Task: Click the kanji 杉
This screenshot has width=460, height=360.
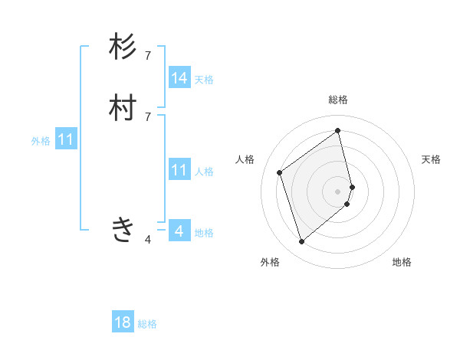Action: click(123, 47)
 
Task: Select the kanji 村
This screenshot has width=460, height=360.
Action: click(123, 109)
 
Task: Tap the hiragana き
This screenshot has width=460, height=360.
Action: click(123, 229)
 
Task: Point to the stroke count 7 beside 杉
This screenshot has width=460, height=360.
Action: click(148, 55)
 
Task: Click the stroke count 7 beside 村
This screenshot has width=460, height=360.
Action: click(148, 116)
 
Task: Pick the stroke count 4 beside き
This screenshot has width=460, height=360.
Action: click(148, 240)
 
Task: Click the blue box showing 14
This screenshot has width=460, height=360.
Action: click(179, 77)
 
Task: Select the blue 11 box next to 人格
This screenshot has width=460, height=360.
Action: click(179, 170)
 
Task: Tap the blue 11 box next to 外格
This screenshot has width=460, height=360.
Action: click(66, 139)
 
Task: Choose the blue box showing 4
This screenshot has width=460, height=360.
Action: click(179, 231)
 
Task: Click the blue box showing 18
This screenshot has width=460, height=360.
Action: click(123, 322)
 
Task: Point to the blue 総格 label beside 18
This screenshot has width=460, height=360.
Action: click(148, 324)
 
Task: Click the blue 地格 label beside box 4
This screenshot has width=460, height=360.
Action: click(204, 233)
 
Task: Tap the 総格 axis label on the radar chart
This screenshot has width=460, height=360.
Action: click(338, 100)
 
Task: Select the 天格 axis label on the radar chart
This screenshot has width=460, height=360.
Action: click(431, 159)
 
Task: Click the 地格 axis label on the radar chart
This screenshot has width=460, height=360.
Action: click(402, 262)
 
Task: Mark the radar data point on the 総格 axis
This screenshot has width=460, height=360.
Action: click(338, 130)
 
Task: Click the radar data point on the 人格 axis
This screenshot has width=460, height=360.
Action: click(280, 172)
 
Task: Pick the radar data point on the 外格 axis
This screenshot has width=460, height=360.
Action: click(301, 242)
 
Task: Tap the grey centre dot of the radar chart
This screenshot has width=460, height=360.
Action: click(338, 191)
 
